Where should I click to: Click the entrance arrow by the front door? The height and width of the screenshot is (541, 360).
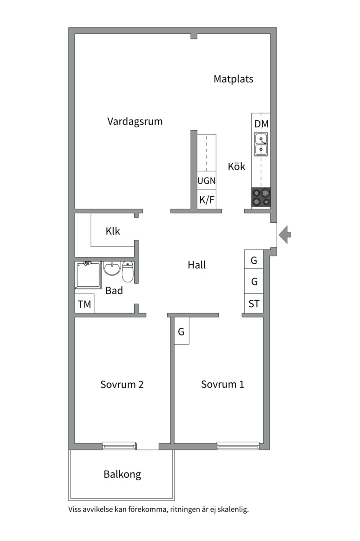pos(285,235)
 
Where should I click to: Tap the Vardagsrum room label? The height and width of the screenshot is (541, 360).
pos(135,121)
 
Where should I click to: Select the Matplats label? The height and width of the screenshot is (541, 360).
pos(233,79)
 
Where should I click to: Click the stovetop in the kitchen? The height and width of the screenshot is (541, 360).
pos(261,197)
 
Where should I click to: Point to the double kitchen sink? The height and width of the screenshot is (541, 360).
pos(261,144)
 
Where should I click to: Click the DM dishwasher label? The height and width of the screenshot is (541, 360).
pos(261,124)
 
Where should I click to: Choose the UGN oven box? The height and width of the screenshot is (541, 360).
pos(206,180)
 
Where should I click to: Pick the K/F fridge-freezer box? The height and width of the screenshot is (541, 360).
pos(206,199)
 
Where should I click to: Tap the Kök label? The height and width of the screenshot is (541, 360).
pos(236,167)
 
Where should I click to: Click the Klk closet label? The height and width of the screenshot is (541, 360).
pos(113,231)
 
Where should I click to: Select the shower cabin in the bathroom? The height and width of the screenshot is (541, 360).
pos(88,275)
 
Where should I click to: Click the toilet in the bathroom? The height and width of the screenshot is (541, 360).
pos(128,272)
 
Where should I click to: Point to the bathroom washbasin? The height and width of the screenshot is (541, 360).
pos(112,268)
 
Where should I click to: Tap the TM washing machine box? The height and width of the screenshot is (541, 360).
pos(84,304)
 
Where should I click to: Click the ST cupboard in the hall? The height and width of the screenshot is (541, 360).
pos(254,303)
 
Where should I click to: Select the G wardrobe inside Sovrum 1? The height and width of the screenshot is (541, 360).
pos(181,331)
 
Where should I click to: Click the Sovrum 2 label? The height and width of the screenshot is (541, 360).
pos(122,384)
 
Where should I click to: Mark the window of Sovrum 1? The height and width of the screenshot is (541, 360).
pos(238,446)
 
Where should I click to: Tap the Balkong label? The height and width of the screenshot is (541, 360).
pos(122,475)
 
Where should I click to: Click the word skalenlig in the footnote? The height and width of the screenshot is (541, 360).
pos(233,509)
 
